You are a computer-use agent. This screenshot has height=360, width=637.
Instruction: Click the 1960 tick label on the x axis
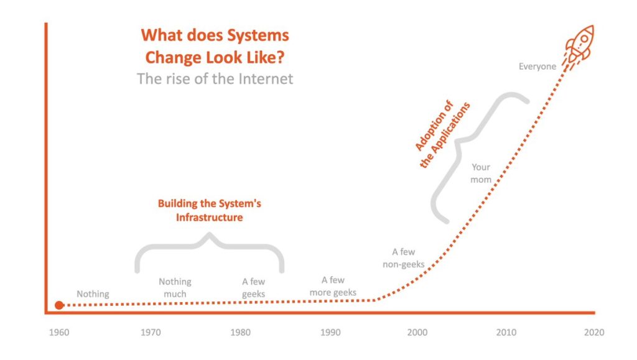click(59, 333)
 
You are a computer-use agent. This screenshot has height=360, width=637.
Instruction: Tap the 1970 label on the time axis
click(150, 333)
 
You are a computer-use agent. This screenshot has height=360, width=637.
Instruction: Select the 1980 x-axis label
click(240, 333)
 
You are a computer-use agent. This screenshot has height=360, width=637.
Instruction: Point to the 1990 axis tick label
click(330, 333)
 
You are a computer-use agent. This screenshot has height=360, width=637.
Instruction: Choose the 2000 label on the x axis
click(417, 333)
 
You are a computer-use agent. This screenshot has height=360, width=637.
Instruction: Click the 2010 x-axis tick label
click(506, 333)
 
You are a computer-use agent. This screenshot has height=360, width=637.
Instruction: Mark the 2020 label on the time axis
click(593, 333)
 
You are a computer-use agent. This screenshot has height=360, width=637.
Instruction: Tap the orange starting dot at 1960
click(59, 305)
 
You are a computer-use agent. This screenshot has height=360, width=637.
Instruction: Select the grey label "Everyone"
click(537, 67)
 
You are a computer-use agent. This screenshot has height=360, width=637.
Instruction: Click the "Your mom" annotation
click(481, 173)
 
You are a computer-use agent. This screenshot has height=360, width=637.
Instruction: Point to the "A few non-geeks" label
click(404, 258)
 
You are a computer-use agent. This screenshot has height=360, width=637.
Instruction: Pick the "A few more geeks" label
click(333, 287)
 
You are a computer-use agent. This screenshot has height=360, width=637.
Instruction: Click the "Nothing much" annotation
click(175, 288)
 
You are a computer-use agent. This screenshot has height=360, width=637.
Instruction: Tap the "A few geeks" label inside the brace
click(253, 288)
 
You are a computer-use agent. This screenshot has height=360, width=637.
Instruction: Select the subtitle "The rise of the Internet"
click(215, 79)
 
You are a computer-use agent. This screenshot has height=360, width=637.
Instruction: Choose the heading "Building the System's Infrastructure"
click(209, 210)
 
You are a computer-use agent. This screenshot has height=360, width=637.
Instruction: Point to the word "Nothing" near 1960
click(93, 294)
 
